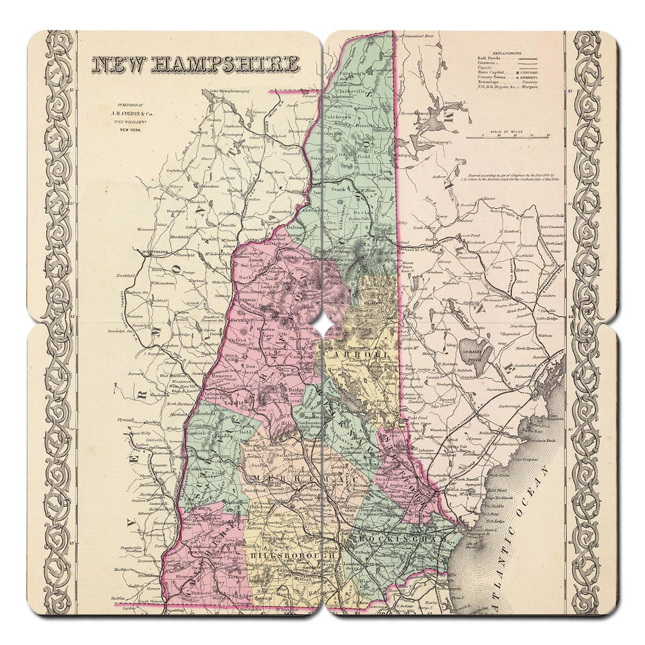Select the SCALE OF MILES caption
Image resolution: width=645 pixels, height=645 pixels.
coord(507,132)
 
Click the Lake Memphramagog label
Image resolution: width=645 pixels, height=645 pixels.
coord(231,91)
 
